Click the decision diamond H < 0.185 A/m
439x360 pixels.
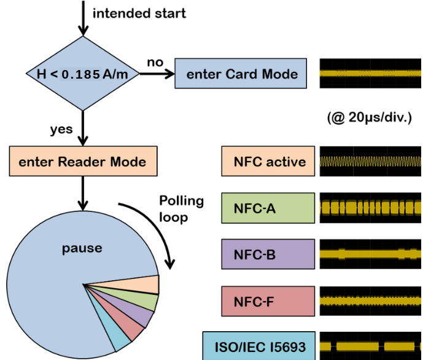[x=82, y=74]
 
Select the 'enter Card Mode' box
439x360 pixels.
[x=241, y=74]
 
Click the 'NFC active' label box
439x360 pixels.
[x=268, y=162]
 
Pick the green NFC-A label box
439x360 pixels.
[x=268, y=208]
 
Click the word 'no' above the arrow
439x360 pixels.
[x=155, y=62]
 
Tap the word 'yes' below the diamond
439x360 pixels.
[x=61, y=129]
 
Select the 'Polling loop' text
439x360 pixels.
[x=181, y=208]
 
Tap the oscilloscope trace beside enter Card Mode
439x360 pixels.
[x=370, y=74]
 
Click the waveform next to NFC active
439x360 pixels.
[x=370, y=162]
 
